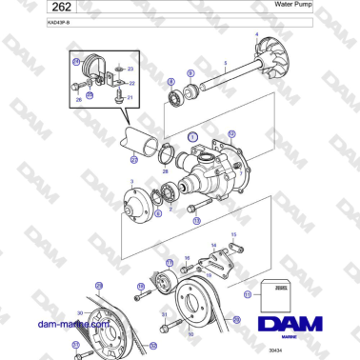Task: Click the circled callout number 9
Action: pos(190,73)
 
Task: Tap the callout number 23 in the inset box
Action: pos(130,70)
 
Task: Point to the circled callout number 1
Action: pos(191,138)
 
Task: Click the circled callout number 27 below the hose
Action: pos(134,160)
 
